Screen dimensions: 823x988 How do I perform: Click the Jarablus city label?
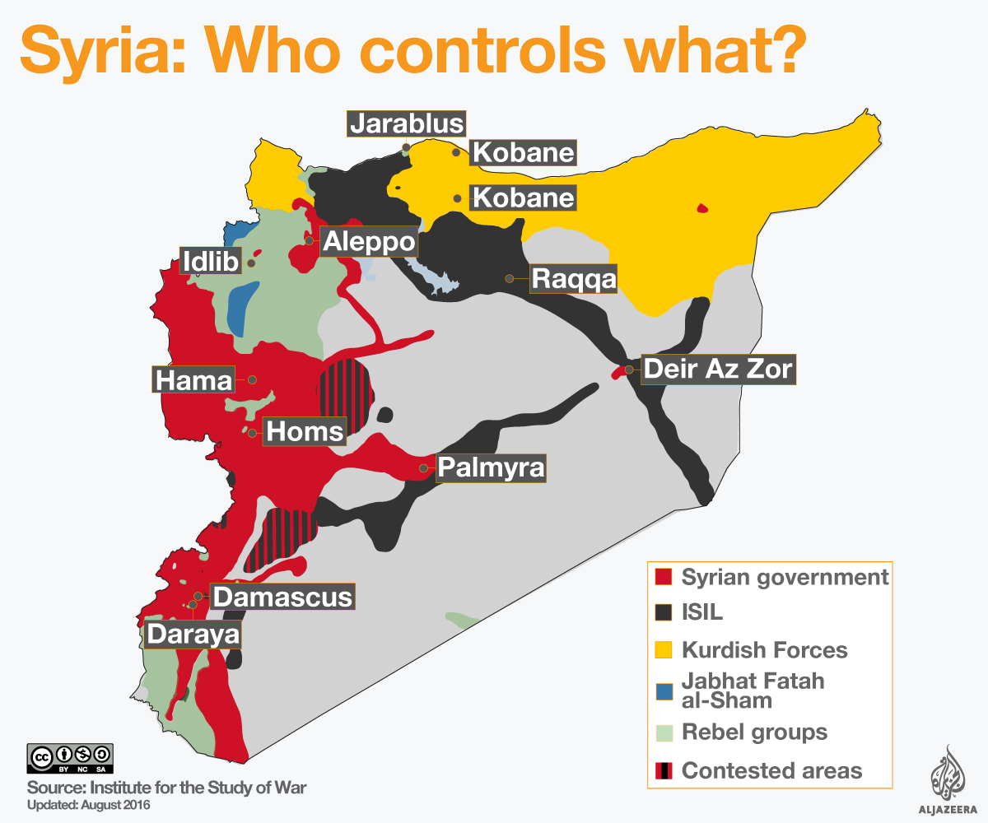pyautogui.click(x=407, y=123)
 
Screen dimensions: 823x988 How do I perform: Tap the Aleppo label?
pyautogui.click(x=367, y=242)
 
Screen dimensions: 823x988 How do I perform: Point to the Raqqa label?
pyautogui.click(x=573, y=279)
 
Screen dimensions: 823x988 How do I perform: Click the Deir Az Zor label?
pyautogui.click(x=718, y=369)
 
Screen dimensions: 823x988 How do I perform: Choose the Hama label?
pyautogui.click(x=194, y=380)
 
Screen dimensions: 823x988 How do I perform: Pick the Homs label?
pyautogui.click(x=305, y=431)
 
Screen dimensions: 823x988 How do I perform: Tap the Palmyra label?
pyautogui.click(x=491, y=467)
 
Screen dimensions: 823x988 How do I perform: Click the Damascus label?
pyautogui.click(x=282, y=596)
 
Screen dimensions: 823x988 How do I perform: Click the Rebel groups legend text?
pyautogui.click(x=754, y=732)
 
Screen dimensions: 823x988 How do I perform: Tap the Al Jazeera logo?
pyautogui.click(x=946, y=778)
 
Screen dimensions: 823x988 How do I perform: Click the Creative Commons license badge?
pyautogui.click(x=70, y=758)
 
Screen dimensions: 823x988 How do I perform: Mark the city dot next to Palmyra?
pyautogui.click(x=423, y=467)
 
